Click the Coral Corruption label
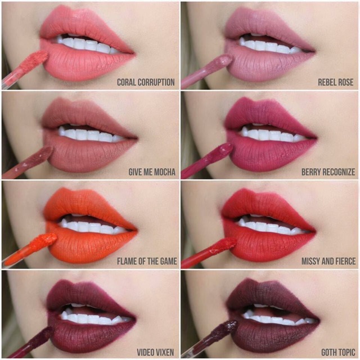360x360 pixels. click(146, 82)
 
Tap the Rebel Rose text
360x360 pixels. click(335, 82)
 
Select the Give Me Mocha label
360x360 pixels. click(152, 172)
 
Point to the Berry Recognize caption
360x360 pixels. click(328, 172)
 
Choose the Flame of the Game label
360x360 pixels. click(147, 261)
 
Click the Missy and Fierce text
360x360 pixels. click(328, 261)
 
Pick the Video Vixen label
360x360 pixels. click(155, 353)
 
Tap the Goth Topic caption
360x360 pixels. click(338, 353)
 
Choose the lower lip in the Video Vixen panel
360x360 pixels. click(92, 333)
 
